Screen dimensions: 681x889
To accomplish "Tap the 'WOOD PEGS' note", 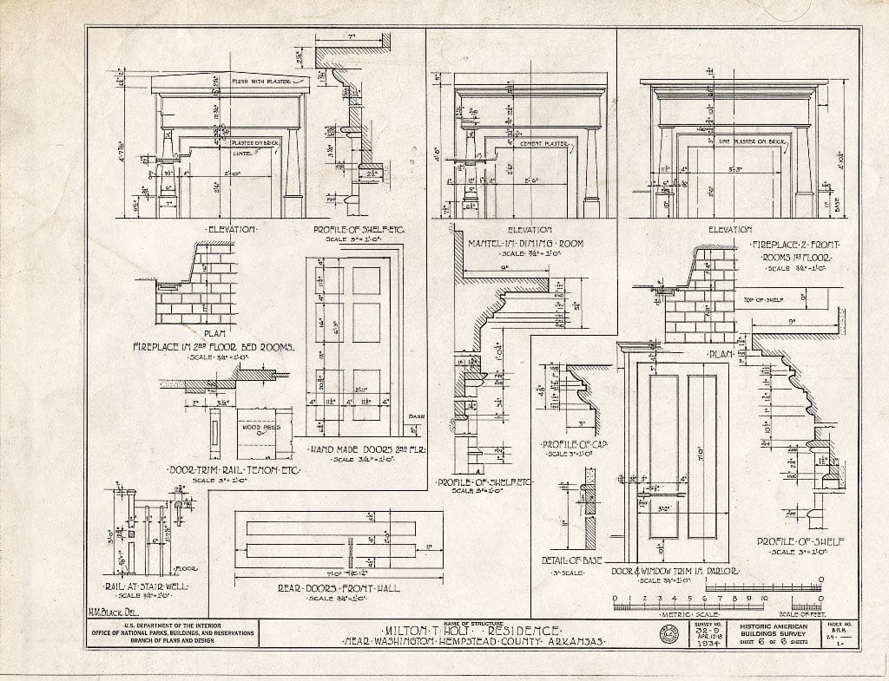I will tap(263, 426).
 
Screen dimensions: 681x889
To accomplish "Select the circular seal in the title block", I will tap(670, 634).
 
